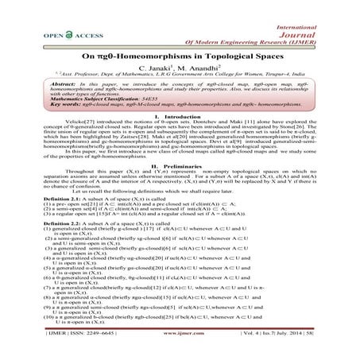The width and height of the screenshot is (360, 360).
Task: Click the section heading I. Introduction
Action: [x=180, y=137]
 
